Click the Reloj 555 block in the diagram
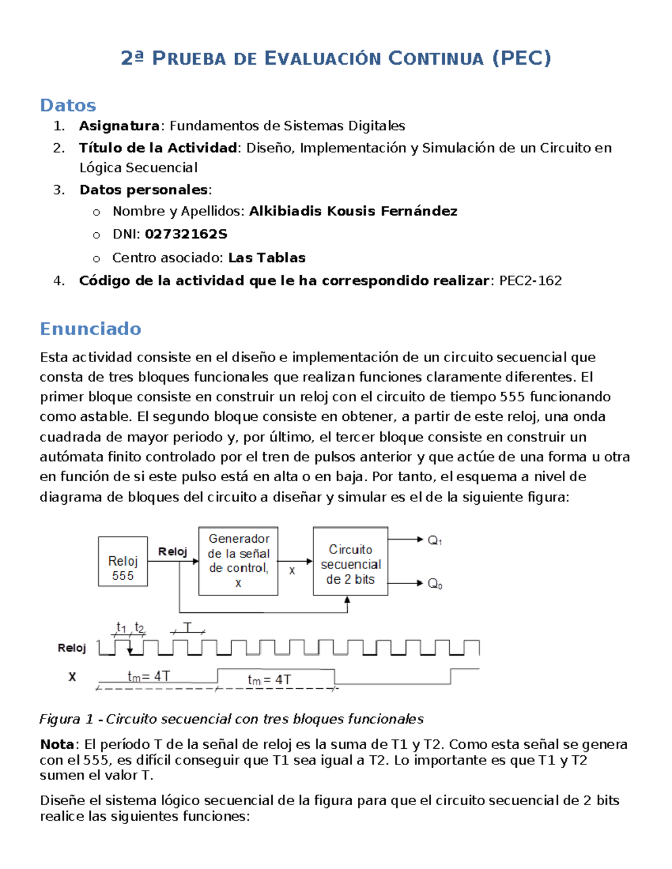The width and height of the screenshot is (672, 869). tap(123, 561)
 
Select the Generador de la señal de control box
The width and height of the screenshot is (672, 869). tap(239, 561)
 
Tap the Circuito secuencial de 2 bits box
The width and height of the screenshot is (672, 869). tap(351, 563)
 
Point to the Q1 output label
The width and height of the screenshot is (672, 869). tap(435, 541)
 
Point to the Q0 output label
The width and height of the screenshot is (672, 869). tap(435, 584)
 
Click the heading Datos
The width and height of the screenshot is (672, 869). tap(68, 105)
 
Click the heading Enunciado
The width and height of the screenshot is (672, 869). tap(90, 328)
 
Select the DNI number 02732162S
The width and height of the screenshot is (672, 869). tap(186, 234)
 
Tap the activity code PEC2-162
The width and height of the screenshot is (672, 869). tap(530, 280)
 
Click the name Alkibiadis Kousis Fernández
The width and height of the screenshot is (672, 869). tap(353, 211)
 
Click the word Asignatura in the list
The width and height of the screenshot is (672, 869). tap(119, 125)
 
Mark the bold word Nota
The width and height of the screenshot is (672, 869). tap(57, 744)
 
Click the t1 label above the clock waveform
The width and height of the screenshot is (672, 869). tap(121, 627)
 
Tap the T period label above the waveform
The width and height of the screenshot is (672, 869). tap(188, 627)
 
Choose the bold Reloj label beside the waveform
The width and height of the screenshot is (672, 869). tap(72, 648)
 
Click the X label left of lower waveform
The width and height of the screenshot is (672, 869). tap(72, 677)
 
